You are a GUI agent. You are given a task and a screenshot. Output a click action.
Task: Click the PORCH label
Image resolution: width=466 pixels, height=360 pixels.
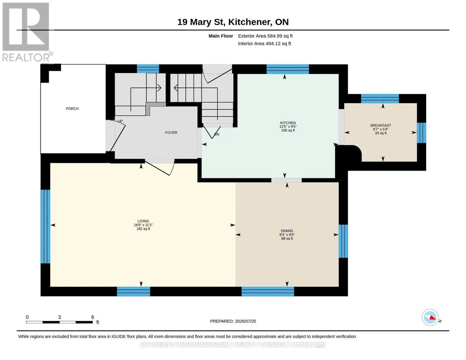[72, 109]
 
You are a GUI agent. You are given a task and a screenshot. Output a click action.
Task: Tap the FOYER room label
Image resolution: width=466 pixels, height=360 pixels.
[171, 133]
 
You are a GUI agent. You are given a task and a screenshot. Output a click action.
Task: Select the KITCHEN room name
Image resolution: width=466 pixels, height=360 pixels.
[288, 123]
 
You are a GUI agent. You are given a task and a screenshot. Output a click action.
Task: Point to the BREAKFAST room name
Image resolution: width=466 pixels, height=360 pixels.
[381, 125]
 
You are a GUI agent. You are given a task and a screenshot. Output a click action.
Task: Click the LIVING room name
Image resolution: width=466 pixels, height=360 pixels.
[143, 221]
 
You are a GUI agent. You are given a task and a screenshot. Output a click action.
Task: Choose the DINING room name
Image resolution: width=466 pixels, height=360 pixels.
[287, 231]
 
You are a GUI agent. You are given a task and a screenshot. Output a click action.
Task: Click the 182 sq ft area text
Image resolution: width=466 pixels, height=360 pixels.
[143, 229]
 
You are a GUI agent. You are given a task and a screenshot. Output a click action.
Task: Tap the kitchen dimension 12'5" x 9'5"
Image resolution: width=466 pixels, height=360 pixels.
[288, 127]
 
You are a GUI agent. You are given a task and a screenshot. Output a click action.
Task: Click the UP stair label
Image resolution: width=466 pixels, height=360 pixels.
[120, 121]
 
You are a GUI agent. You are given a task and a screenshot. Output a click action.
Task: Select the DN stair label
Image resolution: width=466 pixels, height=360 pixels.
[217, 134]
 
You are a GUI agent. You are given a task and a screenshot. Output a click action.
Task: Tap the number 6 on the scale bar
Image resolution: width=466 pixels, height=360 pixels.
[93, 317]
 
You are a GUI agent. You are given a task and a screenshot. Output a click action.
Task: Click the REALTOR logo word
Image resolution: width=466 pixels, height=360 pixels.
[26, 58]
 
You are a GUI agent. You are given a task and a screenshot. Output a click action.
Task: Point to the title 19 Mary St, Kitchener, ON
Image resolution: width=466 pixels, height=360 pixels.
[233, 22]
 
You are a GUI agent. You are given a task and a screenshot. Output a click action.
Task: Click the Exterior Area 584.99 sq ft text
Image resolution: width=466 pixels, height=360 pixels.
[265, 36]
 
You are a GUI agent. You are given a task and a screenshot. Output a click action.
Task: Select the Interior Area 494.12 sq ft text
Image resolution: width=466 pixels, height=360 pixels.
[264, 43]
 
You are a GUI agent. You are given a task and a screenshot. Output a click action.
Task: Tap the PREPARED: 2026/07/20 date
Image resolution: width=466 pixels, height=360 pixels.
[233, 321]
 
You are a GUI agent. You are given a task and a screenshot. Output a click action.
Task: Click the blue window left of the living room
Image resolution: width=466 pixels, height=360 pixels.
[45, 226]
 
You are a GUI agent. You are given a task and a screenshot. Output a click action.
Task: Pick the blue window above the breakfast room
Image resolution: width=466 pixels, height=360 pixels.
[380, 99]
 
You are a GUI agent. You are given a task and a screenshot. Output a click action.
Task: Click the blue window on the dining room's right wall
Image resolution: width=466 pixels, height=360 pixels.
[343, 241]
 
